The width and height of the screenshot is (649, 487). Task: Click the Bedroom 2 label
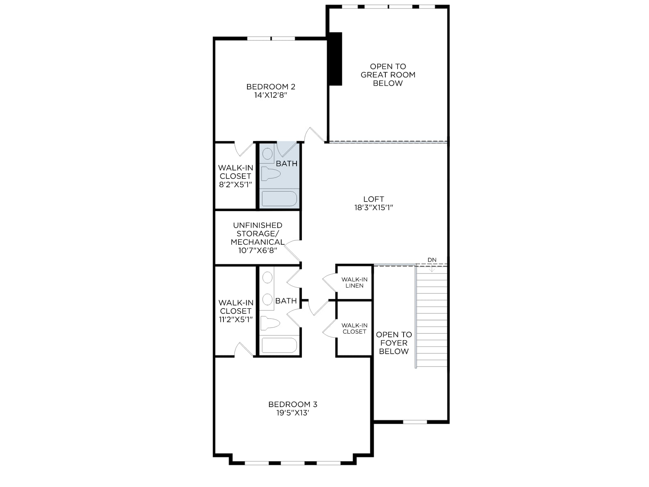(271, 86)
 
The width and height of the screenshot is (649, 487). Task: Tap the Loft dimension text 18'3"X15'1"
(374, 207)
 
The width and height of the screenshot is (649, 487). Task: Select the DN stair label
(432, 260)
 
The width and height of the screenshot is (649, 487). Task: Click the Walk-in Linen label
(354, 282)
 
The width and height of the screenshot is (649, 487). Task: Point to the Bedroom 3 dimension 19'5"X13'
(293, 413)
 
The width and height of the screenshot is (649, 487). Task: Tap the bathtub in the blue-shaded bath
(279, 198)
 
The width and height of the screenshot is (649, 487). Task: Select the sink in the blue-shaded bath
(267, 154)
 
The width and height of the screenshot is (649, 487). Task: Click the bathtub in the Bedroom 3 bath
(279, 345)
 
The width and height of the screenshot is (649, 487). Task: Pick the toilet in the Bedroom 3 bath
(270, 323)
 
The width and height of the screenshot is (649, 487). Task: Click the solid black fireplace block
(335, 59)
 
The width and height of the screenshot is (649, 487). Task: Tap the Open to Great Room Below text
(388, 75)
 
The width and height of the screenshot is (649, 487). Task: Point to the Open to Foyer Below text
(394, 343)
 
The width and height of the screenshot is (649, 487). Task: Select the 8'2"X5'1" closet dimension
(235, 185)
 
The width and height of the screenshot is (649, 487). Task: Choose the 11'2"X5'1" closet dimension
(236, 319)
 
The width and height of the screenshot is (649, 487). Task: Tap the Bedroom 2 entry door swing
(315, 135)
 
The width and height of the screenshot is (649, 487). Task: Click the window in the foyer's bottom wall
(415, 422)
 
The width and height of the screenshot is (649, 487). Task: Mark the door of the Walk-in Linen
(329, 283)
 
